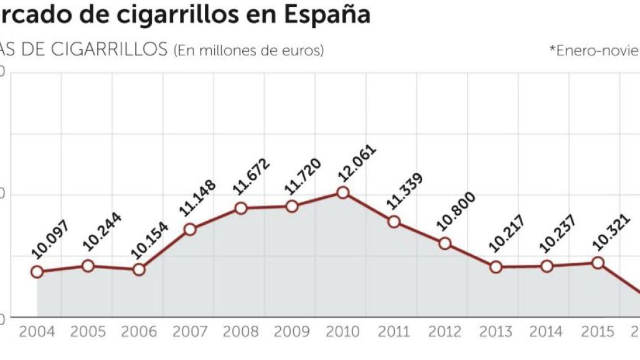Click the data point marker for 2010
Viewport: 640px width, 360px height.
pyautogui.click(x=342, y=192)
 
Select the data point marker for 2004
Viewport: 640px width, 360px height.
pyautogui.click(x=37, y=272)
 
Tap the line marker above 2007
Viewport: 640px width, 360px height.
pyautogui.click(x=191, y=229)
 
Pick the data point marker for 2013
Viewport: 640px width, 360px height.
pyautogui.click(x=496, y=267)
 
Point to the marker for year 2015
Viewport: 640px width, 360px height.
pyautogui.click(x=598, y=263)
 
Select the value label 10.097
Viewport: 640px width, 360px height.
pyautogui.click(x=52, y=239)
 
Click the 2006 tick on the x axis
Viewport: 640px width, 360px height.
pyautogui.click(x=139, y=331)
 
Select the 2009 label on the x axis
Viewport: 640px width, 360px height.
pyautogui.click(x=291, y=331)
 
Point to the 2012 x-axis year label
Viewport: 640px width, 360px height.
pyautogui.click(x=445, y=331)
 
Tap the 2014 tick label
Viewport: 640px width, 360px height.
pyautogui.click(x=547, y=331)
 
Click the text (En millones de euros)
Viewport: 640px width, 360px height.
pyautogui.click(x=249, y=50)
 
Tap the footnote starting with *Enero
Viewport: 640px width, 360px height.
pyautogui.click(x=595, y=50)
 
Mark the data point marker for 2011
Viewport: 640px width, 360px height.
pyautogui.click(x=393, y=222)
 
